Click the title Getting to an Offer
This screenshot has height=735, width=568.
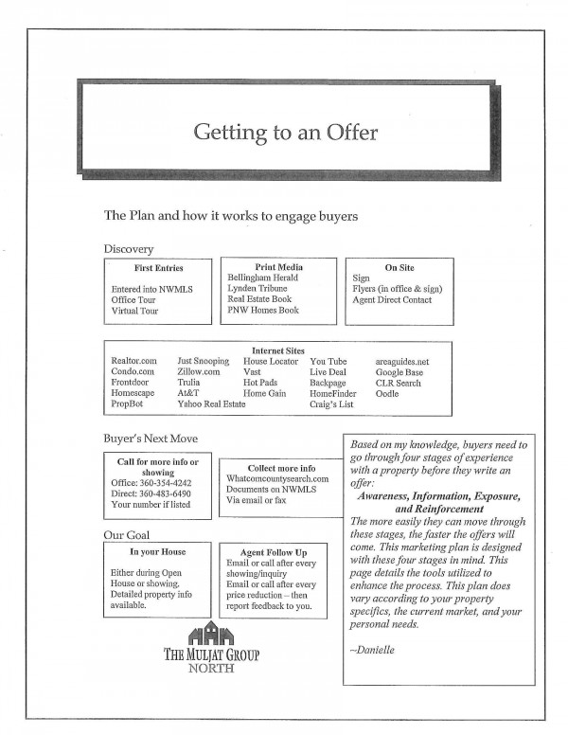pos(285,132)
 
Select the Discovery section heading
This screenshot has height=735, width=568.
pos(129,249)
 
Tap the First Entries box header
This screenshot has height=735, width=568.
pos(158,268)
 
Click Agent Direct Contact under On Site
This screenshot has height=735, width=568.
pos(391,300)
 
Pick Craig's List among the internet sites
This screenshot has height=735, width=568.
pos(332,404)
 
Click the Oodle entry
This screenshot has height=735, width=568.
pos(386,393)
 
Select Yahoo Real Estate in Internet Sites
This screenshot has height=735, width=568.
pos(211,404)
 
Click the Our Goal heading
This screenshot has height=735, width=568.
pos(126,536)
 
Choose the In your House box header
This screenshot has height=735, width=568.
pos(157,551)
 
